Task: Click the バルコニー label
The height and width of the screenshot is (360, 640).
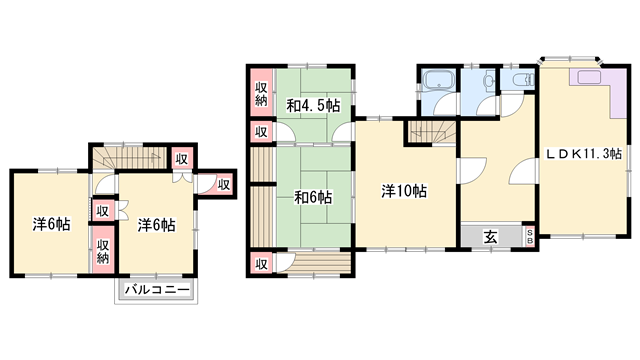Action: [157, 290]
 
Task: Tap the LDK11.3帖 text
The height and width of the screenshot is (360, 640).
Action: [584, 154]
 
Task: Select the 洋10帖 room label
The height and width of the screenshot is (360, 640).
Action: [404, 191]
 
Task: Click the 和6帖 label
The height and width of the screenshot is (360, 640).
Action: [312, 196]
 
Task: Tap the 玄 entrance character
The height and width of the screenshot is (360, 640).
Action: [492, 236]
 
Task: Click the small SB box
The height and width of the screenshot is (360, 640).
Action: [530, 236]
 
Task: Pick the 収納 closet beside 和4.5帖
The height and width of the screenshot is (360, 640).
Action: [260, 95]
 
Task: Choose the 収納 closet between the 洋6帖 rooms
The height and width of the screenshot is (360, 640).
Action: [103, 246]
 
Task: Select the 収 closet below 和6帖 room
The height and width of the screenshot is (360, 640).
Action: [260, 264]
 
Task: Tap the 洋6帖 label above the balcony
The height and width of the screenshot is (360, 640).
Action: [157, 225]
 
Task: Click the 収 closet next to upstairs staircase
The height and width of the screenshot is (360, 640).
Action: [181, 159]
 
